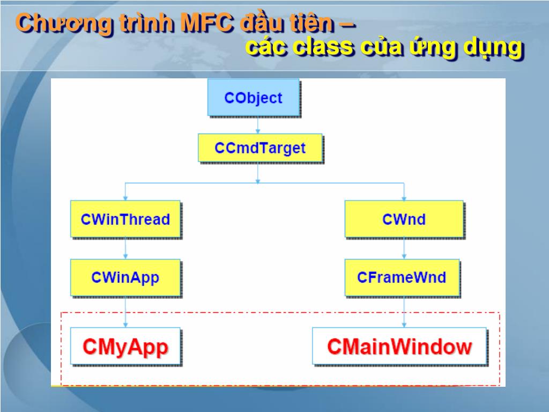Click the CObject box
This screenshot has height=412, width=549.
(253, 98)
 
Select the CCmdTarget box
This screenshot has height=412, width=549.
(260, 148)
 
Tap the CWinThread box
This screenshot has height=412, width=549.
(125, 219)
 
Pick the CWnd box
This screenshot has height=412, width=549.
(404, 219)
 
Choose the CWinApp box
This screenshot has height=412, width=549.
(125, 277)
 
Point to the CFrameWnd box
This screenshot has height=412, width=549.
(402, 277)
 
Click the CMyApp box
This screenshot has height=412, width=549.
(125, 346)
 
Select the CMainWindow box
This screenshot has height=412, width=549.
(399, 346)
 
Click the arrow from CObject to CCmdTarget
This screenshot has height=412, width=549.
(258, 125)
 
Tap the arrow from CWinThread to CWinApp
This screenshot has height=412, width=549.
(125, 248)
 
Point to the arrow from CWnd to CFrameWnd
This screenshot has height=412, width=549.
(404, 248)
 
